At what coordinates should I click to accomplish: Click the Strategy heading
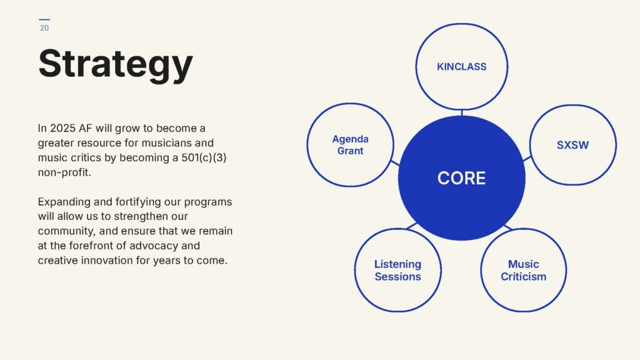[116, 65]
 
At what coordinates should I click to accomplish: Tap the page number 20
[44, 28]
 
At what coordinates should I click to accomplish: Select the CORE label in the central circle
[462, 178]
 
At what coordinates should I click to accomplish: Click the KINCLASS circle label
[462, 66]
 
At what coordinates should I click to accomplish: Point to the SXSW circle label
[572, 145]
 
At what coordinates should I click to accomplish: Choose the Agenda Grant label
[350, 145]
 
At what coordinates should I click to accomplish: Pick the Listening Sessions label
[398, 270]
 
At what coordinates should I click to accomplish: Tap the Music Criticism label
[523, 270]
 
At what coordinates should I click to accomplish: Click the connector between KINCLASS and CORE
[462, 112]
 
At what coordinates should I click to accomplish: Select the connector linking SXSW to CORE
[527, 158]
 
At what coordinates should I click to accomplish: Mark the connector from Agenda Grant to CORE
[395, 163]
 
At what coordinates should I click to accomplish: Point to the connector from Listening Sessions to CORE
[411, 226]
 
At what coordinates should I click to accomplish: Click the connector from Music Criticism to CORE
[508, 227]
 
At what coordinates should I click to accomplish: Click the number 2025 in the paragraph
[63, 128]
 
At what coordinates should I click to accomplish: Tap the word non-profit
[64, 172]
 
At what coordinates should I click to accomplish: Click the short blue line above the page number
[44, 19]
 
